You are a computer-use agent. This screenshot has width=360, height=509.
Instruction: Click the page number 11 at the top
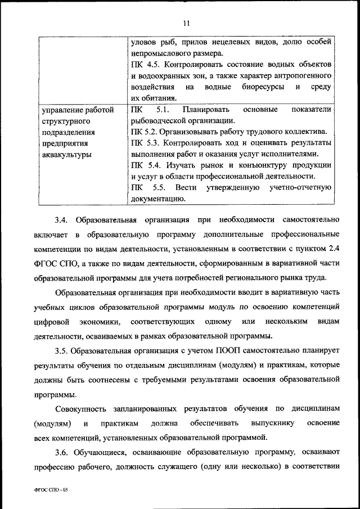[x=187, y=23]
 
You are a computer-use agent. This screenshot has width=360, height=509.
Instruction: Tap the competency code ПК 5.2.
[x=143, y=132]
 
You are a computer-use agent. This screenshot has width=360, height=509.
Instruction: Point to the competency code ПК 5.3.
[x=143, y=143]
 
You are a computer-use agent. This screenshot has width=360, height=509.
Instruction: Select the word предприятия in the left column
[x=64, y=143]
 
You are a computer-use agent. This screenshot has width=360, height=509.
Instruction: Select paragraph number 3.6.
[x=61, y=453]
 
